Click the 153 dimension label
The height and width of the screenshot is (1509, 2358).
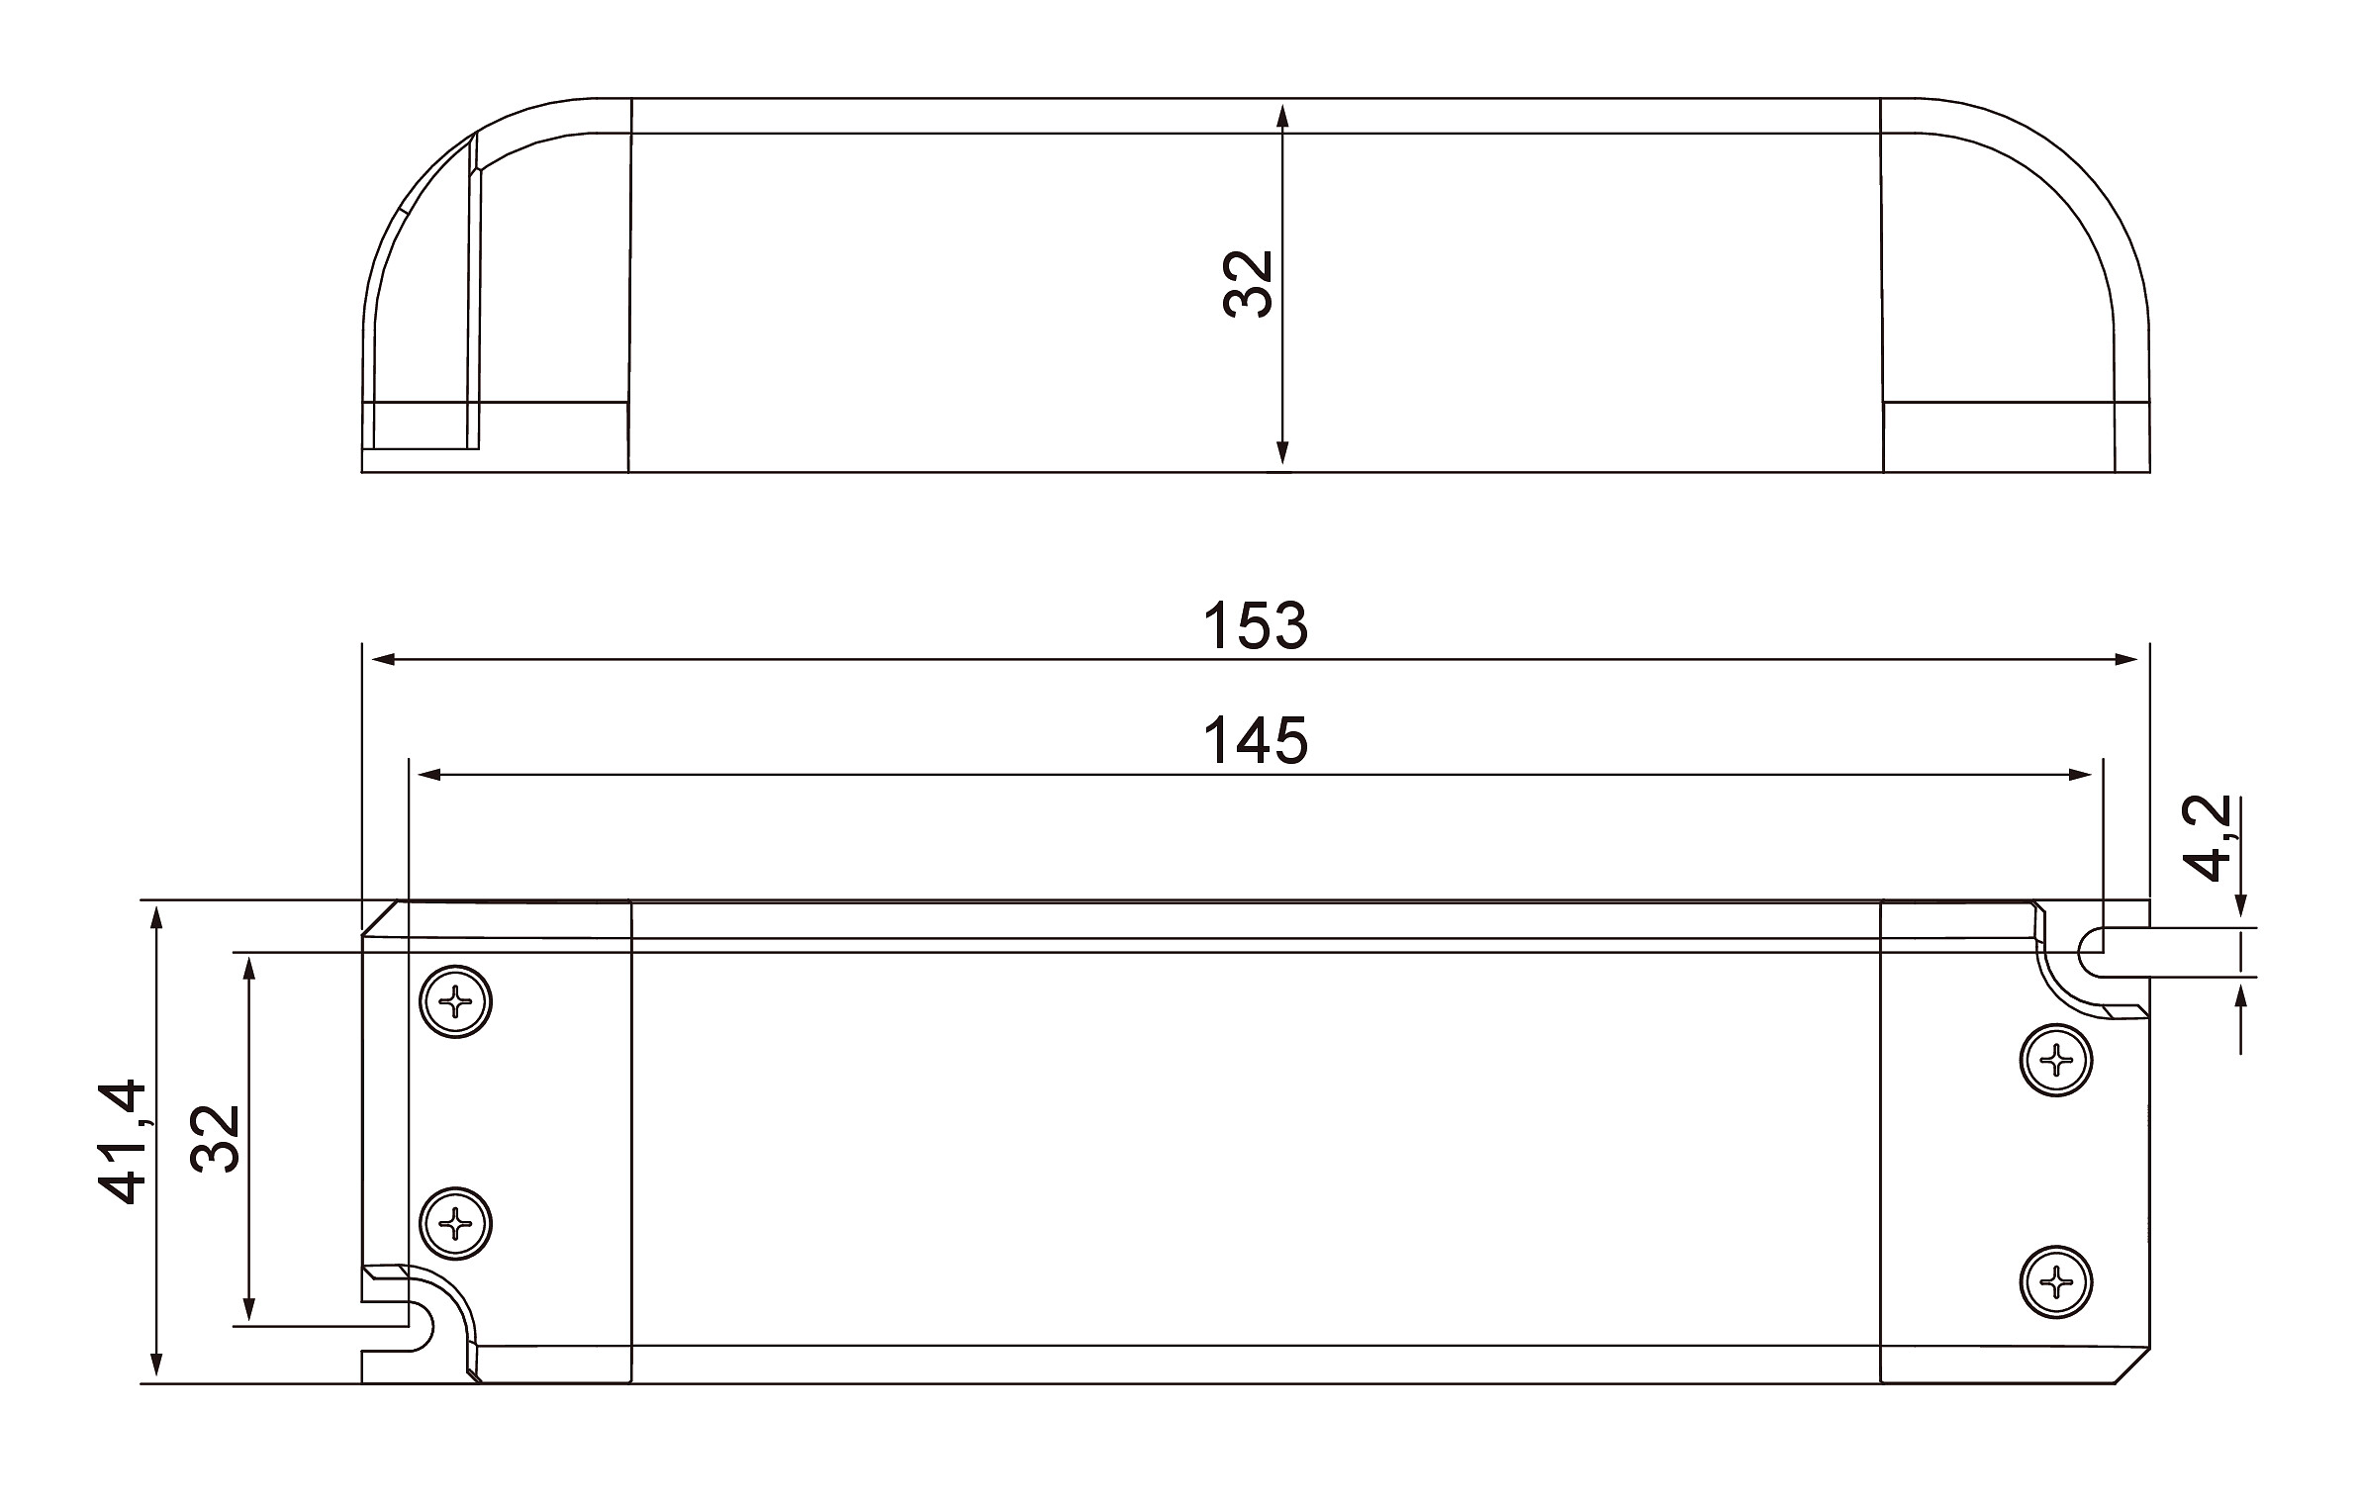(x=1255, y=626)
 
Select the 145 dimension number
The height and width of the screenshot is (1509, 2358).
(x=1255, y=741)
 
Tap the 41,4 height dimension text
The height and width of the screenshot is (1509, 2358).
(x=123, y=1142)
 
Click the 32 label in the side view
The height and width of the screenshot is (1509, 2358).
(x=1247, y=284)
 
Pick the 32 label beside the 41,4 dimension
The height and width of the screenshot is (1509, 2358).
(x=216, y=1138)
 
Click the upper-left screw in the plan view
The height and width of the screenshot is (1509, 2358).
(x=456, y=1002)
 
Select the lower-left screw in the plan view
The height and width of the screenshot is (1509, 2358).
(x=456, y=1224)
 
